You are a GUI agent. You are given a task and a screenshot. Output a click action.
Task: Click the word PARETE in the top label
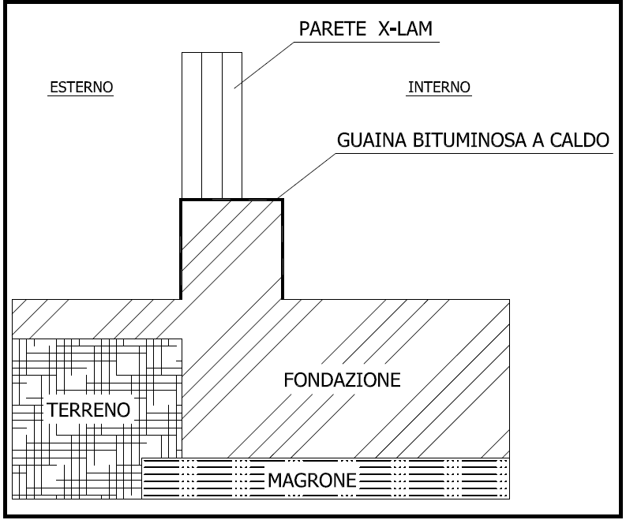pos(332,28)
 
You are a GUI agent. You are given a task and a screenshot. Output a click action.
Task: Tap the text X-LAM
pos(405,28)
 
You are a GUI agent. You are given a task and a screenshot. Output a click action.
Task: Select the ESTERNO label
pos(81,87)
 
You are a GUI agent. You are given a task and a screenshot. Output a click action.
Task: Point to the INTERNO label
pos(439,87)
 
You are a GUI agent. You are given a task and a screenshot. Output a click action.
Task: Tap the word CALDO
pos(579,140)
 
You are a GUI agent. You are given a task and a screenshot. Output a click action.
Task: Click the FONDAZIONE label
pos(342,380)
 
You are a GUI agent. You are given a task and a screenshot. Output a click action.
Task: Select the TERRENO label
pos(88,410)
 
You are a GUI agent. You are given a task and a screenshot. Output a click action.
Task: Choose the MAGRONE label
pos(312,480)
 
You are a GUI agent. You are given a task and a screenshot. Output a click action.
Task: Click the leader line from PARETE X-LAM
pos(264,65)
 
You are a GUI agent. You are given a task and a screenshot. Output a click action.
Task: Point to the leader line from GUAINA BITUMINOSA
pos(306,176)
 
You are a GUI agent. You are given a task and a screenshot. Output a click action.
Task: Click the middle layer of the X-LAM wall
pos(212,125)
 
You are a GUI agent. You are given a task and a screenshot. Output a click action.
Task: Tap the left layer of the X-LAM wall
pos(192,125)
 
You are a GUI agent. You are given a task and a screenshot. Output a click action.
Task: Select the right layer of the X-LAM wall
pos(232,125)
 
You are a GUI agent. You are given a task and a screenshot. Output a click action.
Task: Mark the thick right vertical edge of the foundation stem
pos(283,249)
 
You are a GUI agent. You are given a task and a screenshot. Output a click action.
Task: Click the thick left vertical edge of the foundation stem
pos(181,249)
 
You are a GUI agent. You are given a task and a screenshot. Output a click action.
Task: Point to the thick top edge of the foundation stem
pos(231,199)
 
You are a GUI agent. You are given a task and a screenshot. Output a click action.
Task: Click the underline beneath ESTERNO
pos(81,95)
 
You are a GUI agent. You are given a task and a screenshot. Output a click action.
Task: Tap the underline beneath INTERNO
pos(439,95)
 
